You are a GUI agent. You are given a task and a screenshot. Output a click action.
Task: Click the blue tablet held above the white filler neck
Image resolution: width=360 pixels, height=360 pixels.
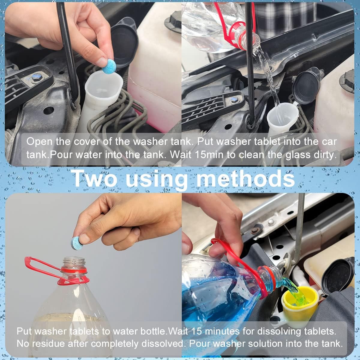tap(109, 66)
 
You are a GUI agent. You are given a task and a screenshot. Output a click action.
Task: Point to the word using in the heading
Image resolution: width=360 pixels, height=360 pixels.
tap(160, 179)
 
